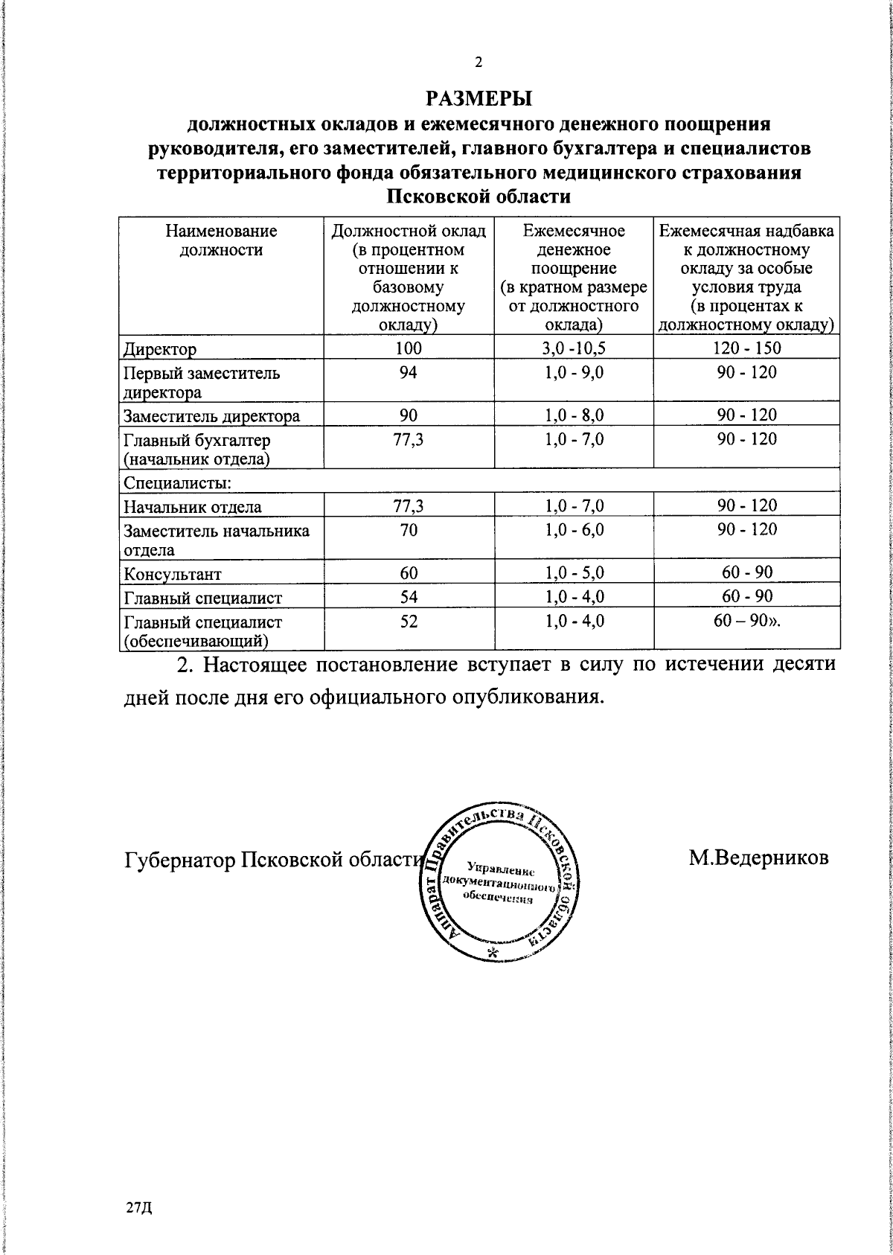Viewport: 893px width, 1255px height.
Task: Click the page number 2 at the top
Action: (x=479, y=63)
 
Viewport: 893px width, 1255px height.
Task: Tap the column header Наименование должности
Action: (x=222, y=240)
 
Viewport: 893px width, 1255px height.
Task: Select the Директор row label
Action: (x=160, y=349)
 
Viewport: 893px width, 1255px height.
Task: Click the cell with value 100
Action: (x=408, y=348)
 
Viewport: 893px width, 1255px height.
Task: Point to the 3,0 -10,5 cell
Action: (x=574, y=348)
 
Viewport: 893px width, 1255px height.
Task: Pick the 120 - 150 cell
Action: (x=747, y=348)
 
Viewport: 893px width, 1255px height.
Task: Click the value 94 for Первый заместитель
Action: (x=408, y=371)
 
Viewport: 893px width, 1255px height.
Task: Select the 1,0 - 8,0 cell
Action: (x=574, y=415)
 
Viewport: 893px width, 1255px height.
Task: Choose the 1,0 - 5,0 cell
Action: (x=574, y=573)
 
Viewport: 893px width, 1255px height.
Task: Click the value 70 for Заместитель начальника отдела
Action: (x=408, y=529)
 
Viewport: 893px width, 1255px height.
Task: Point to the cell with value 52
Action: (x=408, y=621)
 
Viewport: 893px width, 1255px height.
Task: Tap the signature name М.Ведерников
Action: (x=758, y=858)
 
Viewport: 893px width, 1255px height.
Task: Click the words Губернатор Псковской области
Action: (x=272, y=860)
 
